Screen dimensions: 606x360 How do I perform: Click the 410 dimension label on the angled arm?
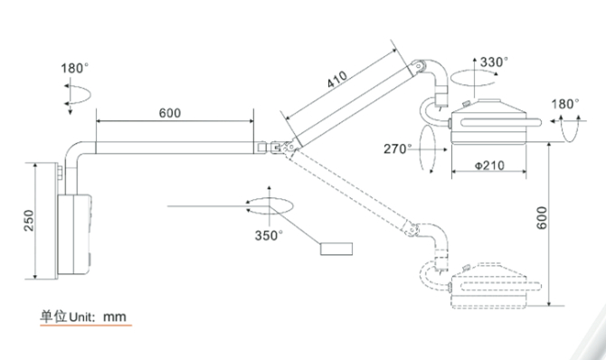tap(337, 80)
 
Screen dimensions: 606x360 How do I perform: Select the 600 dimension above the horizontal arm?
tap(170, 113)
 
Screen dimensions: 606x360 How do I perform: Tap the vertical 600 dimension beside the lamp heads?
tap(542, 218)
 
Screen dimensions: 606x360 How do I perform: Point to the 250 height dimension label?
tap(29, 221)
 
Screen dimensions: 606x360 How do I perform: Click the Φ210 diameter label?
tap(489, 166)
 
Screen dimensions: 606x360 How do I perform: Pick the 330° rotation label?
tap(494, 62)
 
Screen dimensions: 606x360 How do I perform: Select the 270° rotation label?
tap(398, 149)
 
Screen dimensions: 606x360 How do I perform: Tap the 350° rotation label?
tap(269, 235)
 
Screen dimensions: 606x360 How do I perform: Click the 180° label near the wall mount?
tap(74, 69)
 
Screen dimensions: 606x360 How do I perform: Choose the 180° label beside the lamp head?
tap(565, 104)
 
